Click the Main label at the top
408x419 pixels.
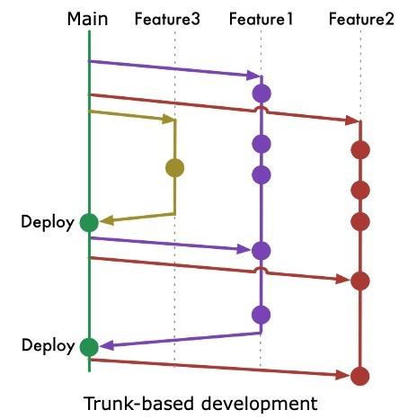click(88, 17)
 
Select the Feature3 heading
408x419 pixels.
click(167, 18)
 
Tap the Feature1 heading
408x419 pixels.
click(262, 18)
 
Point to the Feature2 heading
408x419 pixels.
click(361, 18)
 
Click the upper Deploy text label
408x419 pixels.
click(48, 223)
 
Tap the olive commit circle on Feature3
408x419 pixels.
click(174, 167)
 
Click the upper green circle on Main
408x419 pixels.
click(88, 222)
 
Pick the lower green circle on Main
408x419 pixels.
click(88, 346)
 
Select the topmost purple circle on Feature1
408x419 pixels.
click(262, 93)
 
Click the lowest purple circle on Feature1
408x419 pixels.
click(262, 315)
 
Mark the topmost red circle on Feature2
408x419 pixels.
click(360, 150)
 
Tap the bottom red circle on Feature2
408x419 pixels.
click(360, 376)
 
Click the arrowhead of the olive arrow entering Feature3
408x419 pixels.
click(168, 120)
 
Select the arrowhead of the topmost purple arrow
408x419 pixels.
click(254, 76)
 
